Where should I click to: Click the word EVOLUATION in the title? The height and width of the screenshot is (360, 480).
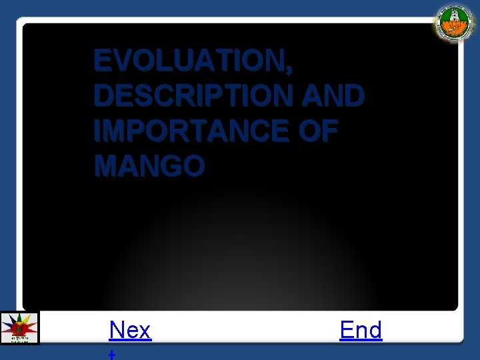click(x=189, y=61)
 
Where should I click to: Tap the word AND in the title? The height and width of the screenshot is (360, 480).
click(x=333, y=96)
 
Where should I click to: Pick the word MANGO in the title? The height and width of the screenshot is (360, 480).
click(x=149, y=166)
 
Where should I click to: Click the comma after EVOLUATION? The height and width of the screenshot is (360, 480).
click(x=288, y=69)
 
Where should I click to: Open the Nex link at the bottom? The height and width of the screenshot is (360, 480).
click(x=130, y=330)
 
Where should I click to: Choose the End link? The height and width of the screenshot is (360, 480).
click(x=361, y=330)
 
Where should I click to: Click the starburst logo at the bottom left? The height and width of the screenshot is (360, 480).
click(x=19, y=327)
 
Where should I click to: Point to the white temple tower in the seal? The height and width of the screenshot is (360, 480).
click(x=455, y=16)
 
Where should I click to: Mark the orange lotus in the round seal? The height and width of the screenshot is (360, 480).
click(x=455, y=29)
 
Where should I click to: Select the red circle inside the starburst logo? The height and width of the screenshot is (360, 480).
click(x=19, y=327)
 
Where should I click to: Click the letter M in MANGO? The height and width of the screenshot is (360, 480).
click(x=107, y=166)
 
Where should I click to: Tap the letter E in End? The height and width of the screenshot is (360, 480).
click(x=347, y=330)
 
